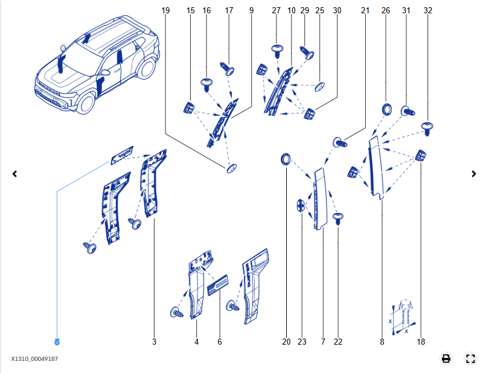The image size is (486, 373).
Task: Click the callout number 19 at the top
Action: [166, 10]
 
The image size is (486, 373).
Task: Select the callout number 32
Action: [428, 10]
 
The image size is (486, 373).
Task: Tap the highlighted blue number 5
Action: [57, 342]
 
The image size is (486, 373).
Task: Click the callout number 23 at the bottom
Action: [302, 342]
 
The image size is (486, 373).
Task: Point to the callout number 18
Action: [421, 342]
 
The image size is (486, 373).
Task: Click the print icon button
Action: [446, 359]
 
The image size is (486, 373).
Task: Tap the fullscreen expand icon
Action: [471, 359]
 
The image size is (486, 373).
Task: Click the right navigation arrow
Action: [474, 174]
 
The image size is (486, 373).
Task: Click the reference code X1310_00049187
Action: [34, 359]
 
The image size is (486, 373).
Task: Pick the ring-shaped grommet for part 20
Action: [286, 159]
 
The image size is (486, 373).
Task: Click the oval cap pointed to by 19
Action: [231, 168]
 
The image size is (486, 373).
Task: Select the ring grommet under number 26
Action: [386, 109]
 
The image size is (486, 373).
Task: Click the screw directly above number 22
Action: [338, 217]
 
